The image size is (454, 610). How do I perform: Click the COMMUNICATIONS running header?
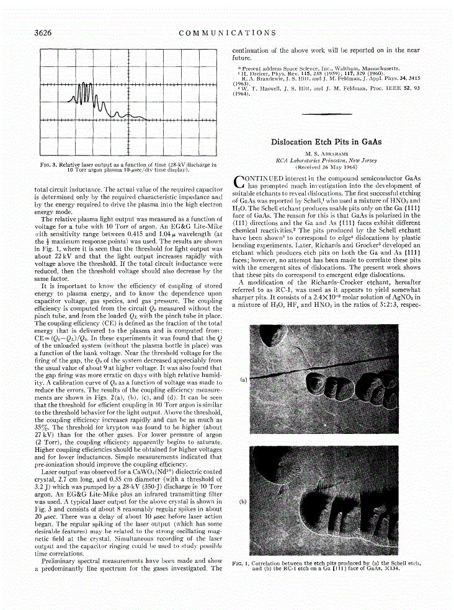point(227,32)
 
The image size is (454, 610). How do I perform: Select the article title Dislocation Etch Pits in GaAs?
point(326,142)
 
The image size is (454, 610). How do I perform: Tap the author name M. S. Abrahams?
point(326,153)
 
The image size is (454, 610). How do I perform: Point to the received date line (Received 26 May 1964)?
point(326,167)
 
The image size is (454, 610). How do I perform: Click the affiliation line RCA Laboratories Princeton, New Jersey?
point(326,160)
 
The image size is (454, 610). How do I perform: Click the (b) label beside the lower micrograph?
point(244,500)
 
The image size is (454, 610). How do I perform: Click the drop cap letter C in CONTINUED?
point(239,181)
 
